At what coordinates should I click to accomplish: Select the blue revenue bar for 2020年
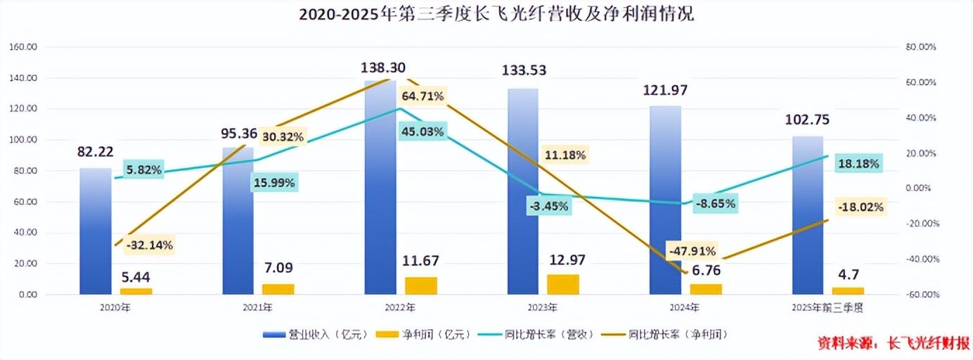pyautogui.click(x=95, y=232)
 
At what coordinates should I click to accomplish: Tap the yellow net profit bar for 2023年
pyautogui.click(x=563, y=284)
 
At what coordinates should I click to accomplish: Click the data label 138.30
pyautogui.click(x=382, y=67)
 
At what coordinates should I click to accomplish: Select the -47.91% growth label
pyautogui.click(x=692, y=251)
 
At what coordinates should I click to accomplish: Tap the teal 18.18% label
pyautogui.click(x=858, y=164)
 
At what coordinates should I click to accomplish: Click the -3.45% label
pyautogui.click(x=549, y=207)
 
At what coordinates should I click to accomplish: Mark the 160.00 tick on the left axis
pyautogui.click(x=24, y=47)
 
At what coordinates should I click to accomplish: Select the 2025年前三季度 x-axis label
pyautogui.click(x=827, y=308)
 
